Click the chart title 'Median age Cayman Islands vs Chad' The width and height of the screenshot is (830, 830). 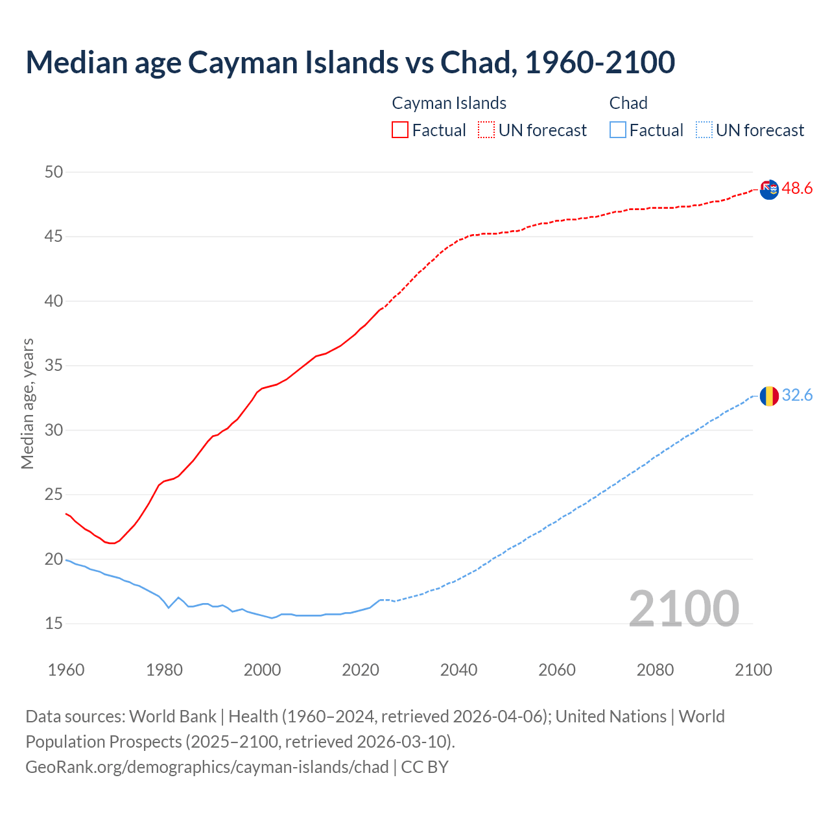(350, 62)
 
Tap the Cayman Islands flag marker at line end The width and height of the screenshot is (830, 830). (769, 190)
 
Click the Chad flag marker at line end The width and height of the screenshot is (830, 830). (769, 396)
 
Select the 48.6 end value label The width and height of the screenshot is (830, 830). (797, 189)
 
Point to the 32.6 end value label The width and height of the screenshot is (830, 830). (797, 396)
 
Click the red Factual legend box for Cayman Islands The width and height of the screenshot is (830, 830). (400, 130)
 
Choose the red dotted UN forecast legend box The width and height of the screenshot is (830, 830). (486, 130)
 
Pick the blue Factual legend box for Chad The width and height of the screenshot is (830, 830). (618, 130)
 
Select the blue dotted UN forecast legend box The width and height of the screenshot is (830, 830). (704, 130)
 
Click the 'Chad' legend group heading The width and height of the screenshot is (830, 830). (628, 103)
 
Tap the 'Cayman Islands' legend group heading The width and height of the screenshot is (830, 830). (449, 103)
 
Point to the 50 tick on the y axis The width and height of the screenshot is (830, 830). (54, 172)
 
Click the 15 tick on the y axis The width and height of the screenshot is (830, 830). (54, 624)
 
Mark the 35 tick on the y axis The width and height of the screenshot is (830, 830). (54, 366)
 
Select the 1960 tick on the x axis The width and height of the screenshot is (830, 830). (66, 670)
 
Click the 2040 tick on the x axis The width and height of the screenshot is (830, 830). (458, 670)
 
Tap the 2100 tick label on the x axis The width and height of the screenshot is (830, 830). (753, 670)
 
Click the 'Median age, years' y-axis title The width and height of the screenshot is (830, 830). (27, 403)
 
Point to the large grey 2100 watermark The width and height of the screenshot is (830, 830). (684, 608)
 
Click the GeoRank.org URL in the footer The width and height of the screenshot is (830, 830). (207, 767)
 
